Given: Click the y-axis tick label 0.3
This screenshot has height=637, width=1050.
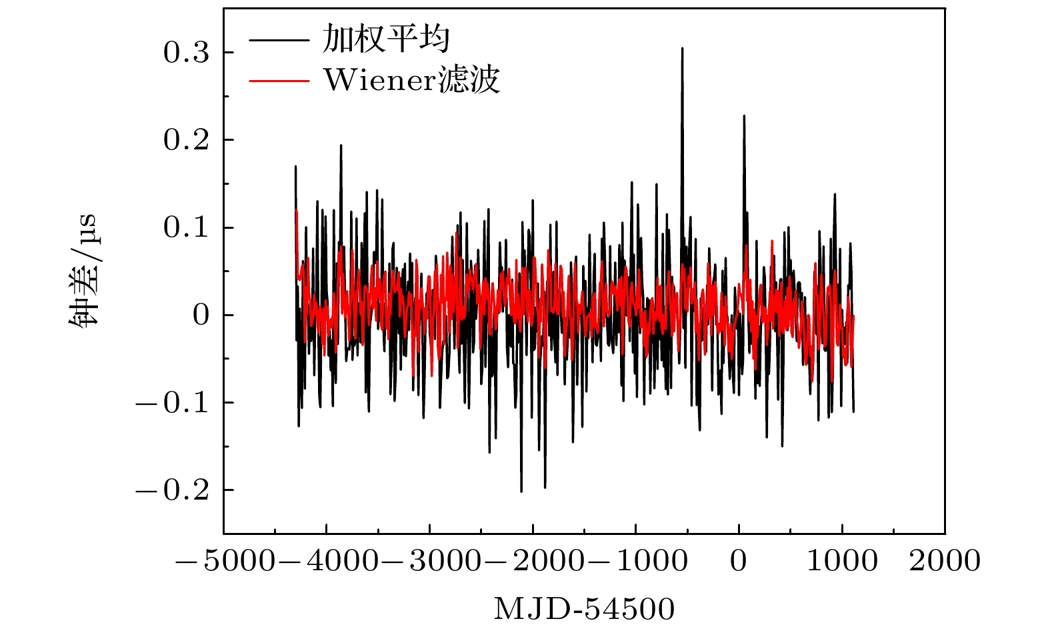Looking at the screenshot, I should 187,53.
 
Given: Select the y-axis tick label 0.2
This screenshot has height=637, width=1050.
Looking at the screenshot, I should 187,140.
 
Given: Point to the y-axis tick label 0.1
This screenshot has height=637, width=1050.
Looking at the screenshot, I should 187,227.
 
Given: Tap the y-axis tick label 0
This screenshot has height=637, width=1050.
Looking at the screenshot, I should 201,315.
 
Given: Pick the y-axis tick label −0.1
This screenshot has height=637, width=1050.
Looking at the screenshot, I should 173,403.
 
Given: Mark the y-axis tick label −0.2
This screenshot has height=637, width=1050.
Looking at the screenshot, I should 173,490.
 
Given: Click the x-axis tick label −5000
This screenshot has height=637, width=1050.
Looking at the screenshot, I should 224,561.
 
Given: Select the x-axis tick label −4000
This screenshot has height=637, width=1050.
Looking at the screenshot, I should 327,561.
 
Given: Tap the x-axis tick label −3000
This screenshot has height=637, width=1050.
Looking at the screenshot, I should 430,561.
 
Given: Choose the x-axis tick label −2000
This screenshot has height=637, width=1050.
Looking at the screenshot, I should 533,561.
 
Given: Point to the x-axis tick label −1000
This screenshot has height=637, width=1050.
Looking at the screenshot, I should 636,561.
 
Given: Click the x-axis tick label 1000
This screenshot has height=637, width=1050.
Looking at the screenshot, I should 842,561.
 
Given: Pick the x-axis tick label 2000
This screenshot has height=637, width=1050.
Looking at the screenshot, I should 945,561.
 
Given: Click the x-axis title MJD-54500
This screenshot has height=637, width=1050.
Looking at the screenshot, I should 584,609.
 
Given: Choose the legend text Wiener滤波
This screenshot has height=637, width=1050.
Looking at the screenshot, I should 411,81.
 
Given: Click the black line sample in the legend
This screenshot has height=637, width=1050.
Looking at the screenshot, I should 279,39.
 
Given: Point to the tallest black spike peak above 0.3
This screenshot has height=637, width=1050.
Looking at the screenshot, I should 682,49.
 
